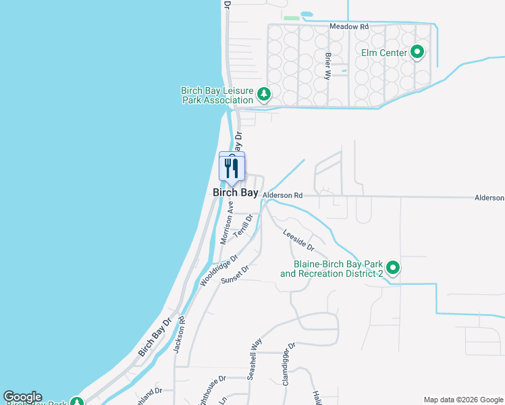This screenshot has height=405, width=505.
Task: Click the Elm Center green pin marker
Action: [x=417, y=51]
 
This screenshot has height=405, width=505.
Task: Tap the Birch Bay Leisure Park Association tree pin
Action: [x=264, y=94]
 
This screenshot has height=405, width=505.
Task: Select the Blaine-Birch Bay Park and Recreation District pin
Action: [x=392, y=268]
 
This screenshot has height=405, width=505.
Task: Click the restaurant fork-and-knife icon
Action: [x=232, y=167]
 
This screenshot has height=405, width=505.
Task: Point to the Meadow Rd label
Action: [x=348, y=27]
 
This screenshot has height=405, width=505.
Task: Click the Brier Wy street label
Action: [x=328, y=66]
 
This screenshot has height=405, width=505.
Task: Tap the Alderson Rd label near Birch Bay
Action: [x=282, y=195]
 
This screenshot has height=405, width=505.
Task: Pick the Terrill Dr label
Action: [x=243, y=225]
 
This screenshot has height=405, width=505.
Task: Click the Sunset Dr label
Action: [x=236, y=273]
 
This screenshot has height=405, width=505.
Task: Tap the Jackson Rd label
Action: [x=179, y=335]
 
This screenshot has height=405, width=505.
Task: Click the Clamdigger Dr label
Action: [x=288, y=364]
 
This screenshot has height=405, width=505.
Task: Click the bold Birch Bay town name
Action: [x=236, y=192]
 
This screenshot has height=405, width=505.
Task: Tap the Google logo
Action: [x=22, y=397]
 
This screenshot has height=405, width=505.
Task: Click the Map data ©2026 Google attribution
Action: [x=462, y=400]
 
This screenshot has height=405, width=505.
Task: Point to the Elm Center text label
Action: [x=384, y=53]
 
